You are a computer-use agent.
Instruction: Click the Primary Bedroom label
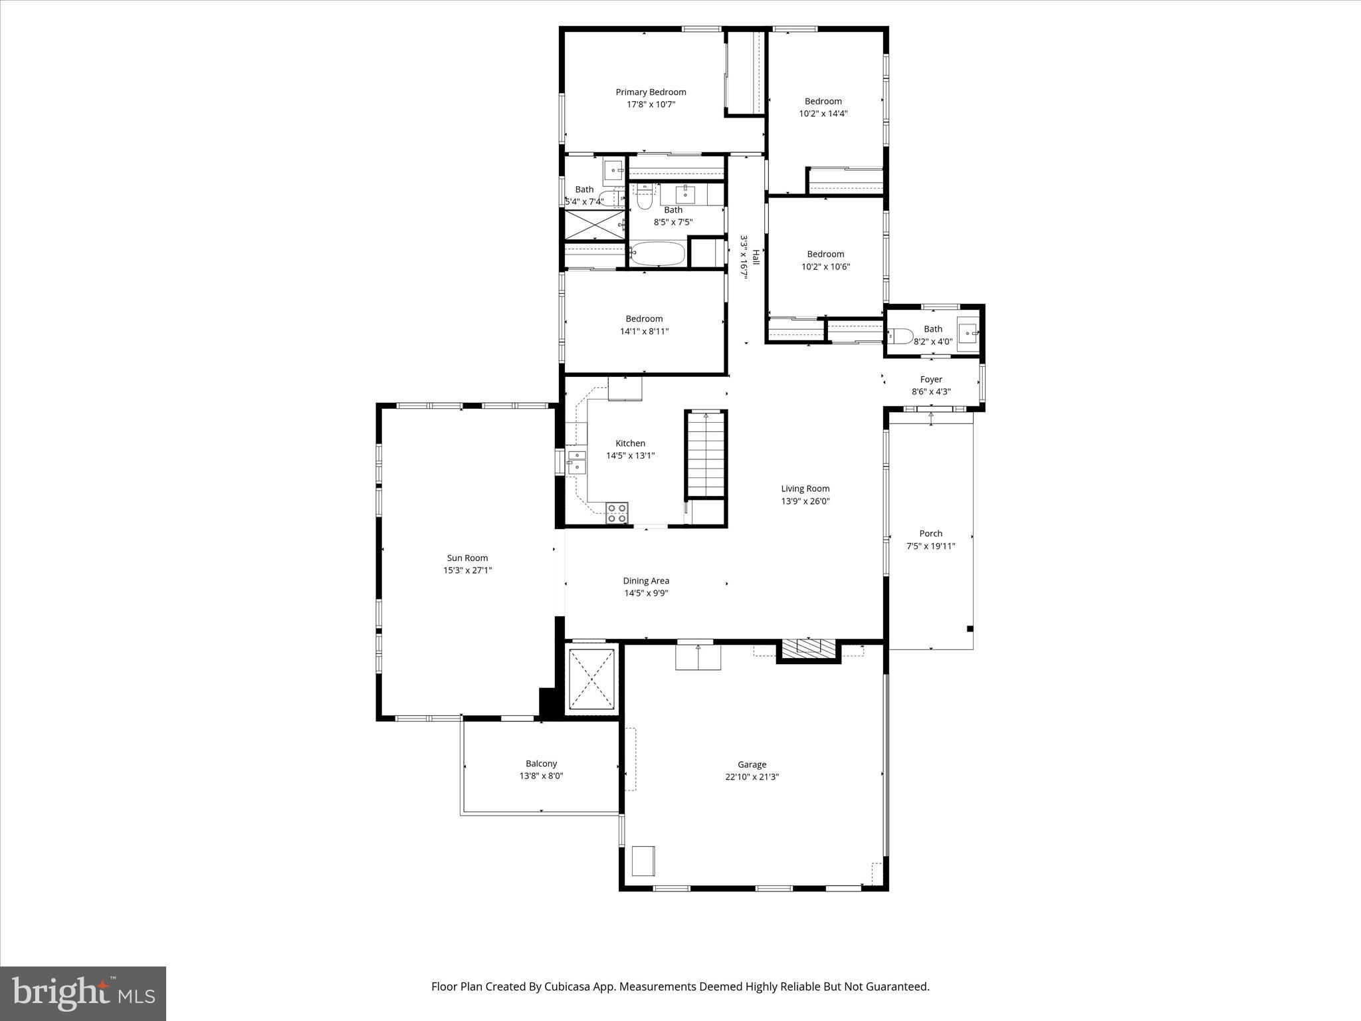coord(651,92)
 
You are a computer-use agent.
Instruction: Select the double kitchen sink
coord(576,461)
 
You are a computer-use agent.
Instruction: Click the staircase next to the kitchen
coord(706,454)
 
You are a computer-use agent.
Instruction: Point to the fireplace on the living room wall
coord(808,649)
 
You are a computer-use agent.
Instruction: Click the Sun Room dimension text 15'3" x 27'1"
coord(467,570)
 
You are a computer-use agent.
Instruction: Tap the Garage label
coord(752,764)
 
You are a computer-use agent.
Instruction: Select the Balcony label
coord(541,764)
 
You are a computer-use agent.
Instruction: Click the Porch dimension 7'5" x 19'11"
coord(930,546)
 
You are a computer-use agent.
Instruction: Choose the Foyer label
coord(931,380)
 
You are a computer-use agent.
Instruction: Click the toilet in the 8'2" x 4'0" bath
coord(901,336)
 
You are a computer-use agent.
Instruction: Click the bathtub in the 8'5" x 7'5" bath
coord(657,254)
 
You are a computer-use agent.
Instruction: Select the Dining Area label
coord(646,581)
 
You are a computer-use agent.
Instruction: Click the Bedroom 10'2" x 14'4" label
coord(823,102)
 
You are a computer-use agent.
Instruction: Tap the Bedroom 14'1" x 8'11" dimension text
coord(644,331)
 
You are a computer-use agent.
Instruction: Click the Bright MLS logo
coord(83,993)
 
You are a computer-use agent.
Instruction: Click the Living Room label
coord(805,489)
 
